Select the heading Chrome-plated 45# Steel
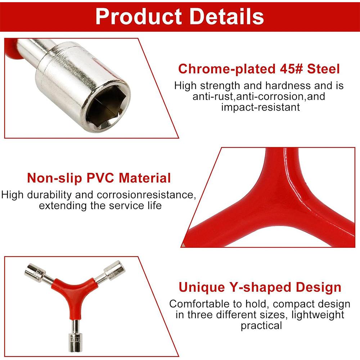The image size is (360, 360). (259, 68)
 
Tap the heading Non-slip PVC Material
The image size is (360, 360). (99, 178)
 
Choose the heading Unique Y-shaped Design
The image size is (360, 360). (260, 287)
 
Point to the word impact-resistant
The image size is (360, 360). (260, 107)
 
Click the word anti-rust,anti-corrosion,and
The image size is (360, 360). (259, 96)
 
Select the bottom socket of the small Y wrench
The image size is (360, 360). (76, 339)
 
